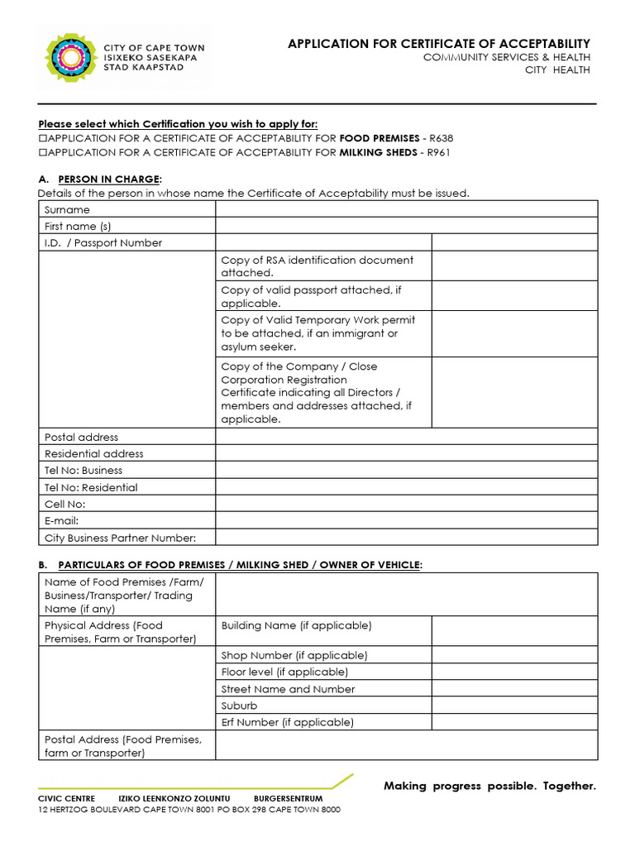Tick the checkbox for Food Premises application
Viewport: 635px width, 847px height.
(43, 138)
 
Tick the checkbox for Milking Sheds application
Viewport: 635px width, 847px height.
(43, 153)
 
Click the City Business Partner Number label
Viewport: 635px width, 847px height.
(120, 538)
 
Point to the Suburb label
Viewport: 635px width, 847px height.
(239, 706)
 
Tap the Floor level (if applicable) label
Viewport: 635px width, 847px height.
(284, 672)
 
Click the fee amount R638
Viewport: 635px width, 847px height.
(440, 138)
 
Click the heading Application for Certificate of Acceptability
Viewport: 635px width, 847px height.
(438, 44)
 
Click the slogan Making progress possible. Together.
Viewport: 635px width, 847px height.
(489, 786)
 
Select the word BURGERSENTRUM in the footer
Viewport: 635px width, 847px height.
(288, 799)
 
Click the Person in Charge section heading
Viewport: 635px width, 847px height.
(110, 179)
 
